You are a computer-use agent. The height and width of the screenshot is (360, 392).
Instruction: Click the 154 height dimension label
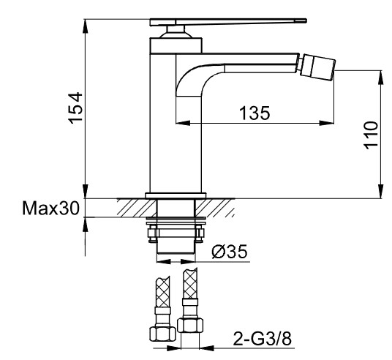(75, 108)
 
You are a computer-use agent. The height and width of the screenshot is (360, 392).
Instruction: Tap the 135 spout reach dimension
(255, 113)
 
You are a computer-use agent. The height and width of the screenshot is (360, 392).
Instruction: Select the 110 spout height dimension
(371, 135)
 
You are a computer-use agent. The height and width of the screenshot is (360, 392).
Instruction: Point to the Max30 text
(50, 208)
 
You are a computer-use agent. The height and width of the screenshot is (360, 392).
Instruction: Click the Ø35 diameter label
(230, 251)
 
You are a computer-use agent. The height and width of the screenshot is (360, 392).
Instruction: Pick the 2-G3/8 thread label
(263, 339)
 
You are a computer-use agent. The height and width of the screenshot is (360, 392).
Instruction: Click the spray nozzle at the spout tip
(317, 67)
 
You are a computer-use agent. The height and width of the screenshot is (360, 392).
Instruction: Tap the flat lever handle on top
(228, 22)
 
